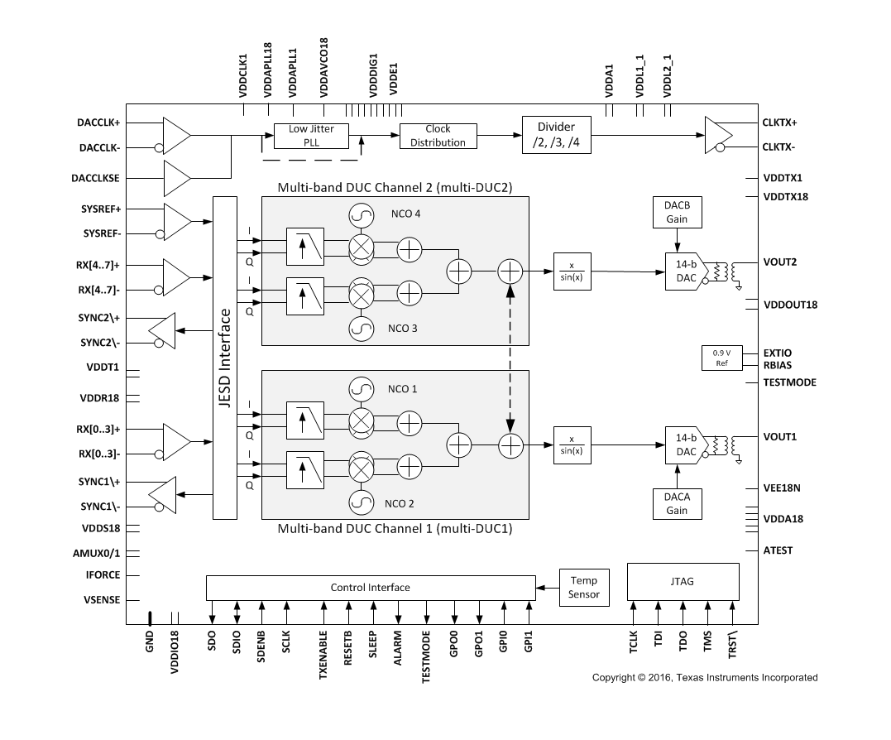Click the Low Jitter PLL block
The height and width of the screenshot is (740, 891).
[x=311, y=136]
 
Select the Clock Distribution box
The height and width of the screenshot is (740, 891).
[x=438, y=136]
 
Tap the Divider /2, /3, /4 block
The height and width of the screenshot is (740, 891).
[x=556, y=135]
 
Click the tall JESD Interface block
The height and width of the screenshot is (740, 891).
[x=225, y=358]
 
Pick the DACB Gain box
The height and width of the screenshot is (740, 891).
[x=677, y=212]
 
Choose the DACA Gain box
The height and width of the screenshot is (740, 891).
[x=677, y=503]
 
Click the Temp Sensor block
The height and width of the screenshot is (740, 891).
[x=584, y=588]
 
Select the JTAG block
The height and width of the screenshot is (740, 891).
[x=683, y=581]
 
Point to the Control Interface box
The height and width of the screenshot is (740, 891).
[x=371, y=588]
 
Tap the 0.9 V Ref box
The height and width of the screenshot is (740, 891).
[x=721, y=358]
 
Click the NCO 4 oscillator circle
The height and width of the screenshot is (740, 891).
[x=362, y=216]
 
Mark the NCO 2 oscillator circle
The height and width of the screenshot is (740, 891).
[x=362, y=502]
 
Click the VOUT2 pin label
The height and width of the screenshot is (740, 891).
[x=779, y=262]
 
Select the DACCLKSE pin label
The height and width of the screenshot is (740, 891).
[x=95, y=179]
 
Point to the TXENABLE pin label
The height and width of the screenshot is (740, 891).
[x=323, y=655]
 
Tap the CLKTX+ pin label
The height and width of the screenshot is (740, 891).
[x=779, y=123]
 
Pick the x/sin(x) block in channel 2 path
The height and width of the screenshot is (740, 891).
[x=572, y=271]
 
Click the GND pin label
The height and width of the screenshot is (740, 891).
[x=150, y=641]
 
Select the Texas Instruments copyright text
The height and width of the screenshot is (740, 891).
[x=705, y=677]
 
